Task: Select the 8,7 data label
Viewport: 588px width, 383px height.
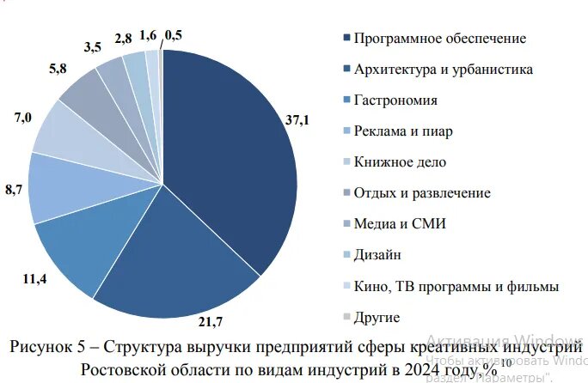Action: point(15,190)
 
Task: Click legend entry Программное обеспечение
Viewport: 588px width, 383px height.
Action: point(439,39)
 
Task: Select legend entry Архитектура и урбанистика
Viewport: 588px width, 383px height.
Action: point(444,70)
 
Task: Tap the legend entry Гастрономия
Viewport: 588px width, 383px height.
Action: point(395,100)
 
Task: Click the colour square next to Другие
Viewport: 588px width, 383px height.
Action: point(346,317)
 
